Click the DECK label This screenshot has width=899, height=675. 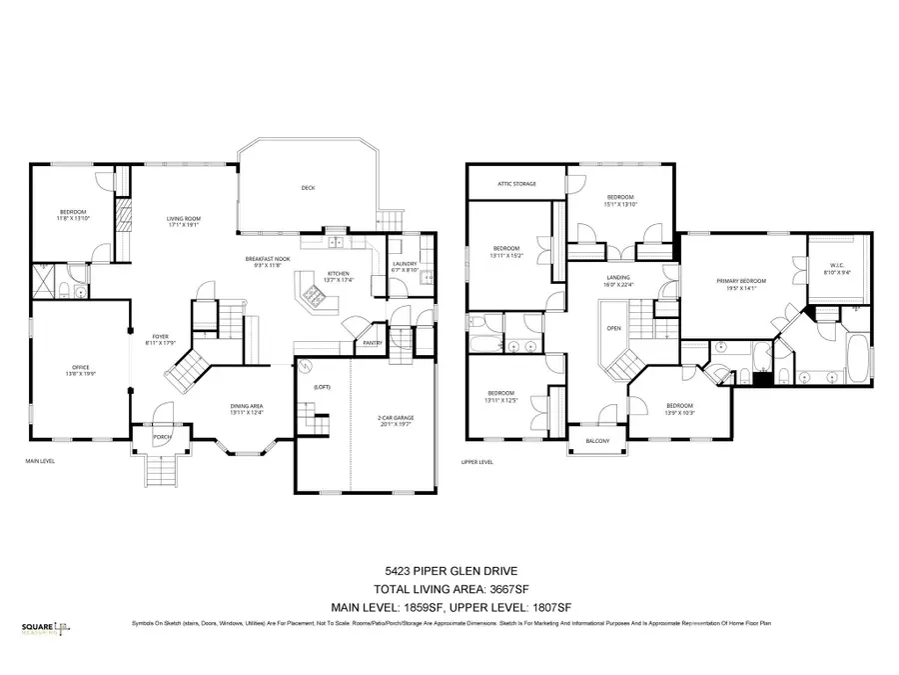point(308,188)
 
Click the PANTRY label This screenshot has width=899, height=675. point(373,343)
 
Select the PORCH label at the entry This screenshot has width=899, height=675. point(161,437)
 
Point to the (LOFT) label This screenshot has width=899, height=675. point(322,386)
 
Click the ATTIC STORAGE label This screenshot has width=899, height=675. point(517,184)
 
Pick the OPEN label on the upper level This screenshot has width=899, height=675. point(613,328)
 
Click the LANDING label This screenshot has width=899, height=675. point(617,280)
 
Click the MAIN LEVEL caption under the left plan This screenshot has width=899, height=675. point(40,461)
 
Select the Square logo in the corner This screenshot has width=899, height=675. point(42,629)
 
